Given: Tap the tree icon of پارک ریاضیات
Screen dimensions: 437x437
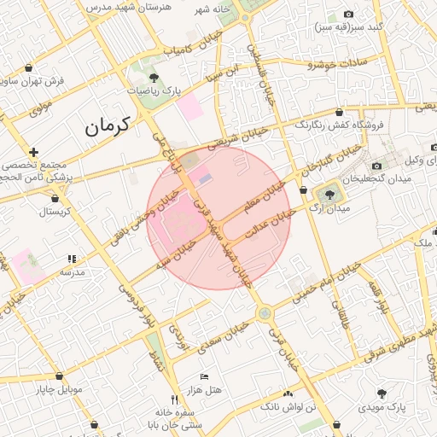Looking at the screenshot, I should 154,78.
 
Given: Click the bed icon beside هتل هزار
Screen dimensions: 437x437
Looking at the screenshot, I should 204,376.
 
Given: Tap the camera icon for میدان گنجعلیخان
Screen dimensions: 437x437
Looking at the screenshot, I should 376,166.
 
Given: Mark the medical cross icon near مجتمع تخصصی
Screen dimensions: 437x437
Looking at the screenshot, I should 33,151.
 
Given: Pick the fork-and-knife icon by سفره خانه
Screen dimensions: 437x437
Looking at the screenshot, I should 173,399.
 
